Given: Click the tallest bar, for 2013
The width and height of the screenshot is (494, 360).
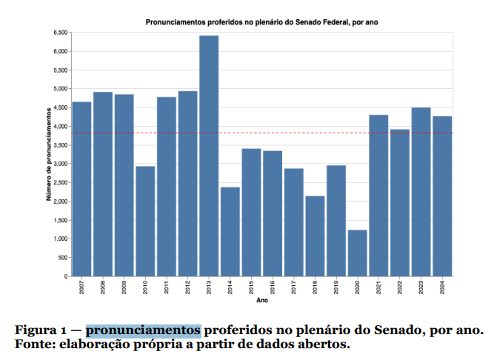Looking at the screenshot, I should [x=209, y=156].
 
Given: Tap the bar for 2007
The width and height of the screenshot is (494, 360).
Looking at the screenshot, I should [x=81, y=189].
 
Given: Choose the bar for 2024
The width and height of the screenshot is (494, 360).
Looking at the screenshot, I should [x=442, y=196].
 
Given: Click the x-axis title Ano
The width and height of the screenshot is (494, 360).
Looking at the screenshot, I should [x=262, y=301].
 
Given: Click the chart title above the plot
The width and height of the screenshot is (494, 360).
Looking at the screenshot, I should [x=262, y=22].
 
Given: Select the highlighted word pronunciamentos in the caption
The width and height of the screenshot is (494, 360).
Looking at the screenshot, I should [x=143, y=329].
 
